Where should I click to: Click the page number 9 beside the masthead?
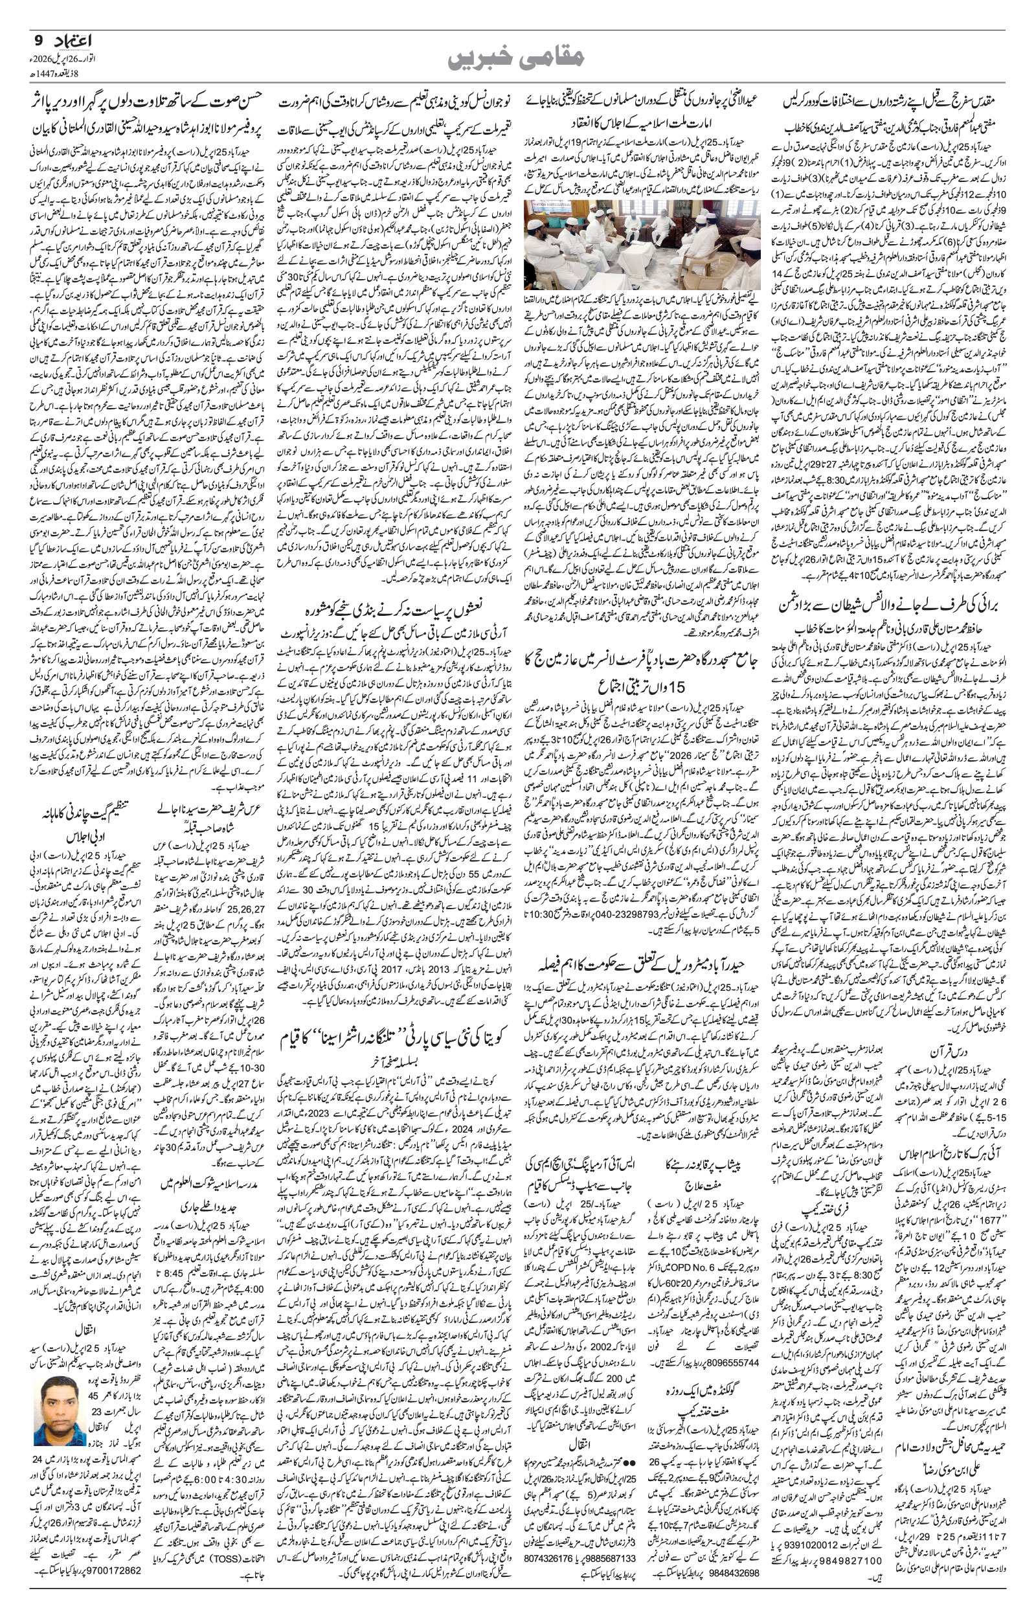pyautogui.click(x=39, y=40)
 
